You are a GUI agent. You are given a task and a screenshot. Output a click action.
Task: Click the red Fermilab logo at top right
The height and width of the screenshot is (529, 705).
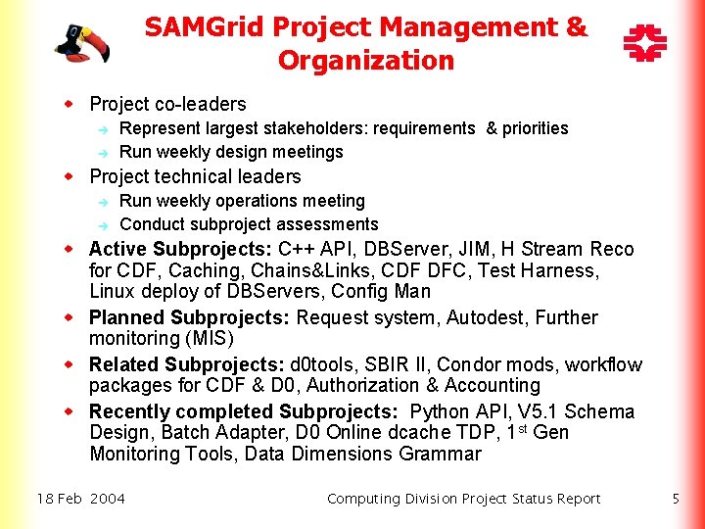coord(644,44)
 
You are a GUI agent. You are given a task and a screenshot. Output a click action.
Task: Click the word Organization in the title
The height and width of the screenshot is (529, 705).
coord(366,61)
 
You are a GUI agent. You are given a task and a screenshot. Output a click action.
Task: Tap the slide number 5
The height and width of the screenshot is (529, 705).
coord(676,499)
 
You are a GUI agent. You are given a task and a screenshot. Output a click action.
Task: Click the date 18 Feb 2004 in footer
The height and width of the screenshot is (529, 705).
coord(81,499)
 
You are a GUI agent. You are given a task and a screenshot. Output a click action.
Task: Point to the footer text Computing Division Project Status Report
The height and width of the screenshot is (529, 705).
coord(463,499)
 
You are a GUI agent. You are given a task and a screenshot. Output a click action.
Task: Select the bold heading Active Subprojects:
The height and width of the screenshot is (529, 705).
coord(181,249)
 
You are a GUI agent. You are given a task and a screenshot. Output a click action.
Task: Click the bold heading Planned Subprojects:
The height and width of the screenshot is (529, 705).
coord(190,317)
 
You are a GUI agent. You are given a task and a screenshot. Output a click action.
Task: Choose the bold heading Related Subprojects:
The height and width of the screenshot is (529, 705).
coord(187,364)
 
